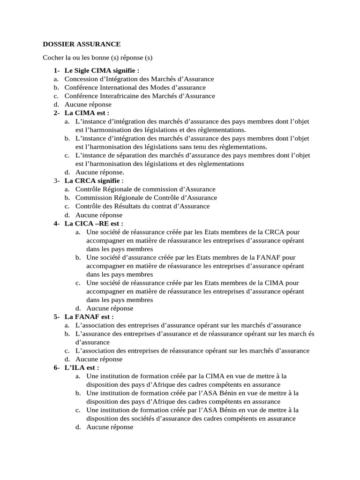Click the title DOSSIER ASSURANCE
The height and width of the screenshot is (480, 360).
pyautogui.click(x=82, y=44)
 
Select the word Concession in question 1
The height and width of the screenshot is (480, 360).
pyautogui.click(x=81, y=79)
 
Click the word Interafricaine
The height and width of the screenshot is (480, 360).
pyautogui.click(x=122, y=96)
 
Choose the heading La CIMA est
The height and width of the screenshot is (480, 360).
pyautogui.click(x=87, y=113)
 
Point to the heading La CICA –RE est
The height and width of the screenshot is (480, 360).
pyautogui.click(x=94, y=224)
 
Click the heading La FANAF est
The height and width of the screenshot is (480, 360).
pyautogui.click(x=89, y=317)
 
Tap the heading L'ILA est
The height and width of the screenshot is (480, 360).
pyautogui.click(x=82, y=367)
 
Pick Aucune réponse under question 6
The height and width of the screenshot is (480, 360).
pyautogui.click(x=110, y=427)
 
